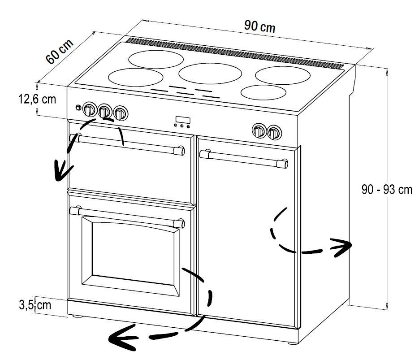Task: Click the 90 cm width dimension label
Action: tap(259, 26)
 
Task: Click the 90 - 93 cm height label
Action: tap(387, 190)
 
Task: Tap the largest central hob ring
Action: tap(210, 74)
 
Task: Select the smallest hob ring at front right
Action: tap(263, 92)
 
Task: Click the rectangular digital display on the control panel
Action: tap(182, 120)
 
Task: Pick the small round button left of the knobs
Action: tap(78, 108)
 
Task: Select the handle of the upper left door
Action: tap(128, 144)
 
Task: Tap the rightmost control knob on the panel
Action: tap(274, 132)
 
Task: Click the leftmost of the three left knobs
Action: tap(90, 109)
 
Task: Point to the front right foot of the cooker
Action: tap(291, 343)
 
